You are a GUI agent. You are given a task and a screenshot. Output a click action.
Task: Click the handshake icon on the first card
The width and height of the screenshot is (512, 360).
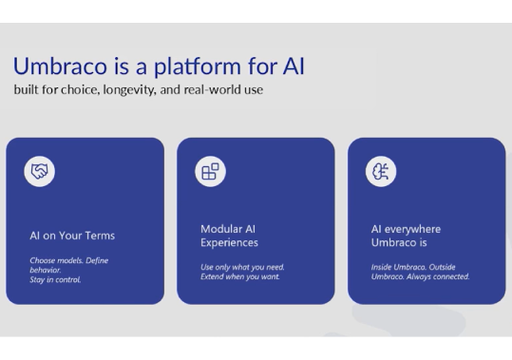click(39, 171)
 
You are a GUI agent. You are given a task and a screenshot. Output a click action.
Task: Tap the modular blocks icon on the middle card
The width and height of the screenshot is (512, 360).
click(210, 171)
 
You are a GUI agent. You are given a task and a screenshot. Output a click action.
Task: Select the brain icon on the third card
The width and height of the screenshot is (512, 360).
click(380, 171)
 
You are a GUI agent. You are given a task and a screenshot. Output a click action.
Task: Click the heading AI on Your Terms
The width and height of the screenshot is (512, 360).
click(72, 236)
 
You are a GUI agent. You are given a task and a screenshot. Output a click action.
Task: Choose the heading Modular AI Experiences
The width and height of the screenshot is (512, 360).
click(229, 236)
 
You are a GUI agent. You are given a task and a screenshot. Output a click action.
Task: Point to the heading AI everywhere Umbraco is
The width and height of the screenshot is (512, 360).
click(406, 236)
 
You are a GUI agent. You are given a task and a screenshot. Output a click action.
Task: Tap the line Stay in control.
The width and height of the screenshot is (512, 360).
click(55, 280)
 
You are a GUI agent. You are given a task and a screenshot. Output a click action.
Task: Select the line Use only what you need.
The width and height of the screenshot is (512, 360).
click(242, 267)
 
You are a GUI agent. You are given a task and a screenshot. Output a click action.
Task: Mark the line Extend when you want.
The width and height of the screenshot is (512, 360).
click(238, 277)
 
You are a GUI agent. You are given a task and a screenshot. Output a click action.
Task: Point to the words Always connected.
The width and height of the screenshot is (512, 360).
click(438, 277)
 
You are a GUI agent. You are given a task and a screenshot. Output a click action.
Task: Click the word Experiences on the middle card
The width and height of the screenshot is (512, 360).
click(229, 243)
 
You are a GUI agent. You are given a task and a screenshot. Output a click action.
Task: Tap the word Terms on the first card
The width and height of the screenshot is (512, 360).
click(99, 236)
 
